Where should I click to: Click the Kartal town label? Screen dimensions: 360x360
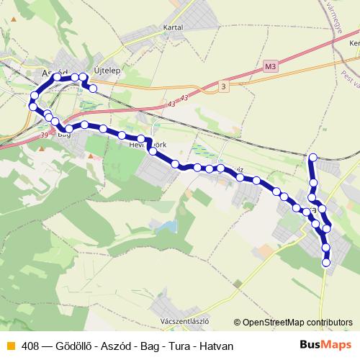click(174, 27)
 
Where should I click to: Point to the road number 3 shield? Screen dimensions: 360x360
click(223, 87)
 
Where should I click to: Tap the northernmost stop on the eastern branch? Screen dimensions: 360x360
click(312, 157)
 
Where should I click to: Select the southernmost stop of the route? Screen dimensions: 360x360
click(326, 264)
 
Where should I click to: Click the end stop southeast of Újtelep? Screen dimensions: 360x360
click(92, 88)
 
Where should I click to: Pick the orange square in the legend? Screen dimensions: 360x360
click(10, 346)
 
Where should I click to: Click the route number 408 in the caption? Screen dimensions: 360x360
click(30, 346)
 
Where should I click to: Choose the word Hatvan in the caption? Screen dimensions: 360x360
click(217, 346)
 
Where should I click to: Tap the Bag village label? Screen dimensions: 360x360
click(65, 134)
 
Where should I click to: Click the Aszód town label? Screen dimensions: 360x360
click(55, 73)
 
